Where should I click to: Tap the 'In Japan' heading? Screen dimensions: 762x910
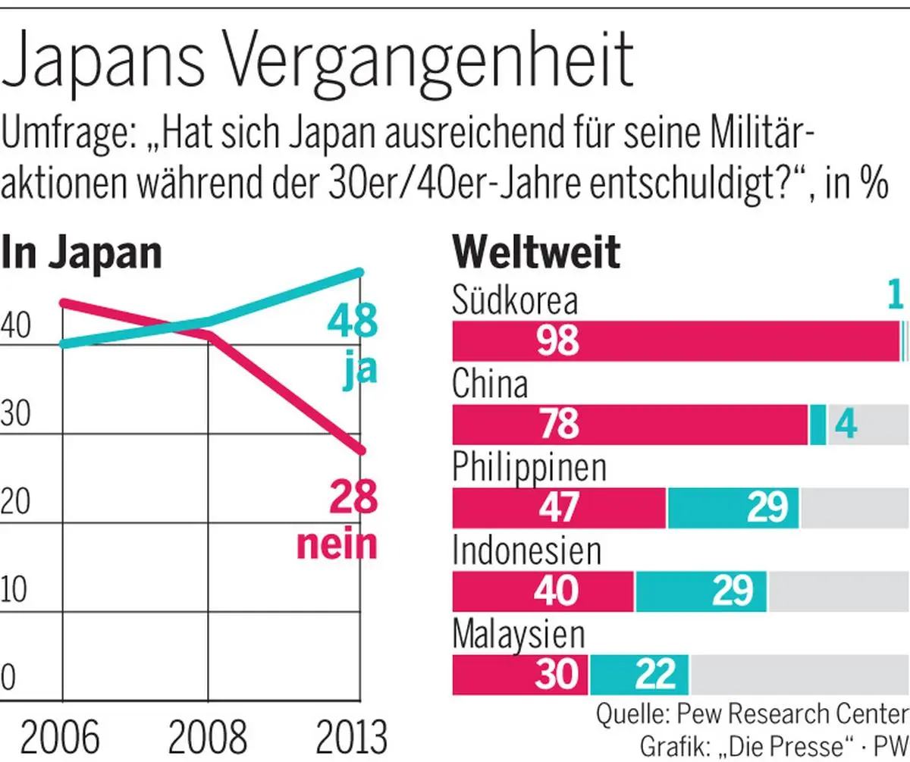tap(82, 252)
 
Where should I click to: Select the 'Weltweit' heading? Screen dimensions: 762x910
tap(535, 252)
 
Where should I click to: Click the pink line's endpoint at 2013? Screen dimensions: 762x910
tap(361, 450)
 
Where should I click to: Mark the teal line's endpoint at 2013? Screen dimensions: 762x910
tap(361, 272)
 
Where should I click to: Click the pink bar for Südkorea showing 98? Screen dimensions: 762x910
tap(675, 341)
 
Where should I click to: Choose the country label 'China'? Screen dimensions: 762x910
tap(490, 384)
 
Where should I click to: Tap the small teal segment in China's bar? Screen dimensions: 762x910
tap(817, 425)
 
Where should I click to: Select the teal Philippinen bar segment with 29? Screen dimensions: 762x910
tap(733, 508)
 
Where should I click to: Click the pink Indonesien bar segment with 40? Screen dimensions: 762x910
tap(543, 591)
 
